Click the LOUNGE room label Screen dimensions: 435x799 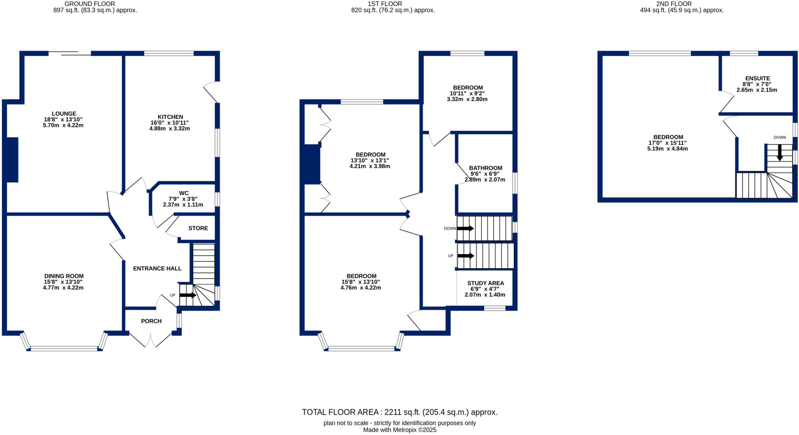(x=64, y=114)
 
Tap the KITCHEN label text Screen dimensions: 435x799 (x=170, y=117)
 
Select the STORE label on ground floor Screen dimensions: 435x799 (x=198, y=228)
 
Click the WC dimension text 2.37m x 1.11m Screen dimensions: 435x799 (x=183, y=204)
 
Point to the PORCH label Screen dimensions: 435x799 (x=151, y=321)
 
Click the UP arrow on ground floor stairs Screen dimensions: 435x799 (x=188, y=295)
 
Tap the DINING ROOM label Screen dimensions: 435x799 (x=64, y=276)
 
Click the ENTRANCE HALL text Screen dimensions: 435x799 (x=157, y=269)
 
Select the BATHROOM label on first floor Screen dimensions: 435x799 (x=486, y=168)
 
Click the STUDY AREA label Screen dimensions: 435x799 (x=485, y=283)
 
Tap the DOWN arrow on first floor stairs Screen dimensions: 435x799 (x=465, y=228)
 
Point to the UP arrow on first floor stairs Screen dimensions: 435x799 (x=465, y=256)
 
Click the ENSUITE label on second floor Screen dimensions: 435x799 (x=757, y=78)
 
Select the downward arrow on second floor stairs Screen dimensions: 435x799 (x=779, y=152)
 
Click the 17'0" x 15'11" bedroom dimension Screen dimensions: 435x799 (x=668, y=143)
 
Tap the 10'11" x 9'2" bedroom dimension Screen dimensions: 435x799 (x=467, y=94)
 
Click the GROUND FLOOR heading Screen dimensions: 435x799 (x=90, y=4)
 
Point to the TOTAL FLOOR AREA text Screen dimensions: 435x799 (x=399, y=412)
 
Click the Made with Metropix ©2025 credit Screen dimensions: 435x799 (x=399, y=430)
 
